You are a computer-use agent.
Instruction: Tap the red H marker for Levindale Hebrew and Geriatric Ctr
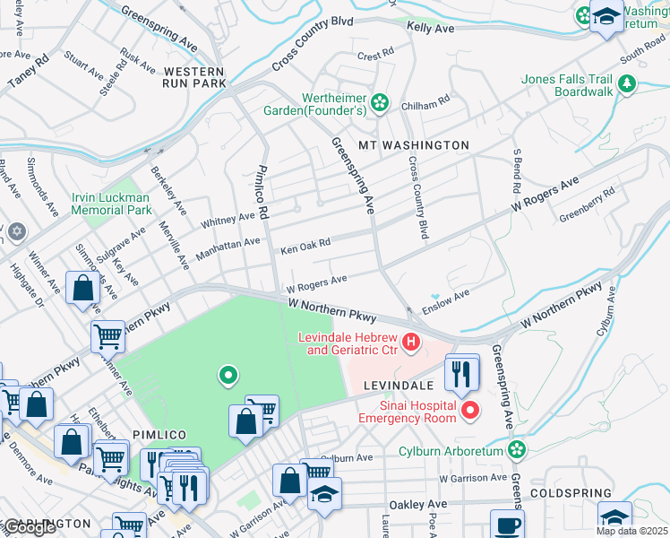[411, 342]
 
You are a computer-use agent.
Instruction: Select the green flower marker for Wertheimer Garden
[380, 103]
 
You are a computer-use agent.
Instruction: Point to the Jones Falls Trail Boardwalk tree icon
[627, 84]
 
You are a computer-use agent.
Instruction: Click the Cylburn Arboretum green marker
[516, 448]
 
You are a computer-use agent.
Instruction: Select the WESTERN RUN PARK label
[194, 77]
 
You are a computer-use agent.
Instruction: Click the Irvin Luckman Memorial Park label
[112, 203]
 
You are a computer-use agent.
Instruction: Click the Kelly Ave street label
[430, 29]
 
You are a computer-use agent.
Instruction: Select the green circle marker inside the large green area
[228, 376]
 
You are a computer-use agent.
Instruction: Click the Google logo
[29, 527]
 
